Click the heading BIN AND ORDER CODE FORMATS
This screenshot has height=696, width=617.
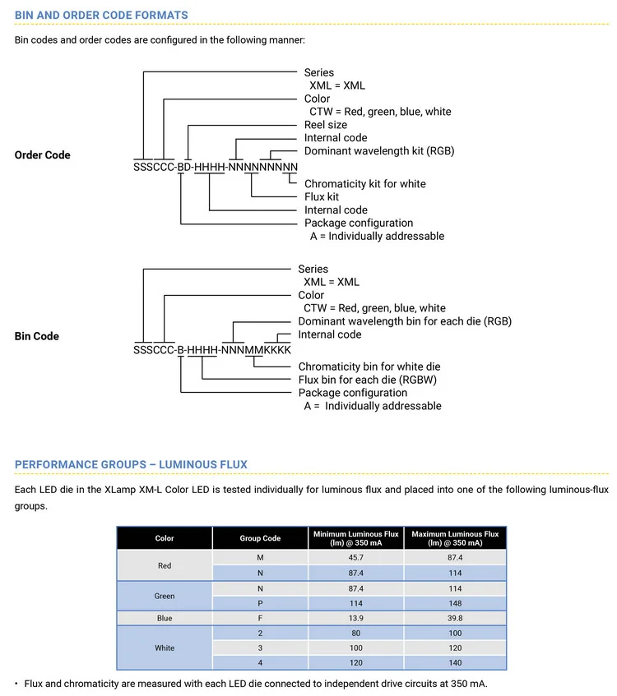coord(101,15)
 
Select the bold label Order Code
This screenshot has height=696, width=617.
coord(43,154)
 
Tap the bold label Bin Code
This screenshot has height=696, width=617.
coord(37,336)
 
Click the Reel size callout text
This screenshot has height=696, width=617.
coord(326,125)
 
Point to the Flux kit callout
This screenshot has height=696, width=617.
coord(322,196)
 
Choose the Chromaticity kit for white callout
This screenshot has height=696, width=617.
coord(365,183)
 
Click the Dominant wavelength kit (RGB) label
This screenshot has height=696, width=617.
coord(379,150)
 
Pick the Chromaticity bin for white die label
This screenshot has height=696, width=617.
coord(369,366)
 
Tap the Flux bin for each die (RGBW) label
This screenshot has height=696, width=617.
coord(367,380)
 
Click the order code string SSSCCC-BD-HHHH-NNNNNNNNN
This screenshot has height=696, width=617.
coord(216,167)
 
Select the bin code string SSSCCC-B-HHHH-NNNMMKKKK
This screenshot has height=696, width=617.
coord(212,349)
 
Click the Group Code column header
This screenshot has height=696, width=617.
coord(260,538)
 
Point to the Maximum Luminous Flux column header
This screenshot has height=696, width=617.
coord(455,538)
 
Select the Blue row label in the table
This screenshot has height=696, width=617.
coord(165,617)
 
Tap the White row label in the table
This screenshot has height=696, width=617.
coord(165,648)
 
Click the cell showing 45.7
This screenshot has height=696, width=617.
coord(355,557)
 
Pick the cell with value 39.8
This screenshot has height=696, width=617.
coord(455,617)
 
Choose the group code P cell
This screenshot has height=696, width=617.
coord(260,602)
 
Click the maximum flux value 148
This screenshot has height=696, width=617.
coord(455,602)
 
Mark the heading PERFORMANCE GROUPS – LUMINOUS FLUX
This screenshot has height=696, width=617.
coord(131,464)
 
